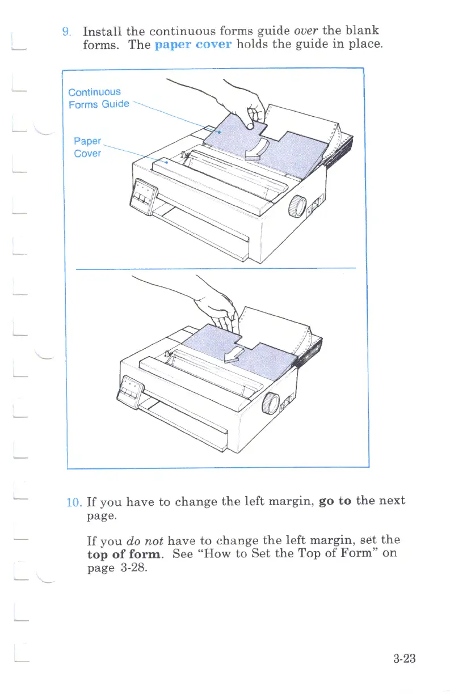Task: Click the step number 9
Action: tap(66, 31)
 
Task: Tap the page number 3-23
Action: tap(404, 659)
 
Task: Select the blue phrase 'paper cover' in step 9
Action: tap(193, 45)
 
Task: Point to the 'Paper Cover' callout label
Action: tap(87, 147)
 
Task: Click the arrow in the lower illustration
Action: tap(233, 354)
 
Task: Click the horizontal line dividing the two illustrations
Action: tap(216, 268)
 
